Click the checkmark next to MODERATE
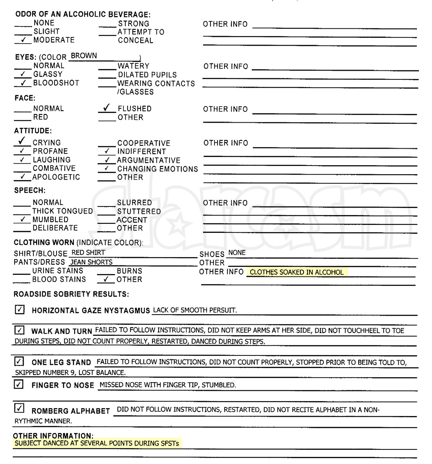(24, 40)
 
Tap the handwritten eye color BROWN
(84, 56)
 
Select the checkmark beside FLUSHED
(106, 108)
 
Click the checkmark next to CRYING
(22, 141)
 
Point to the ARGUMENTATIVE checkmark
(107, 160)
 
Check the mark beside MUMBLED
(23, 219)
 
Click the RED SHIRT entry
(88, 252)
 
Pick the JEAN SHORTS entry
(92, 262)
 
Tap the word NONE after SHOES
(237, 252)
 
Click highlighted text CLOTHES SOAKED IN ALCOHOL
(297, 272)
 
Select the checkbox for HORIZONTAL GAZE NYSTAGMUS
(20, 309)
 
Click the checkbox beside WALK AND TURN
(19, 330)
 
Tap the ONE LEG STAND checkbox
(19, 361)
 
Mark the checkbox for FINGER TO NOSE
(19, 384)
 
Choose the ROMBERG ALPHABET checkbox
(19, 408)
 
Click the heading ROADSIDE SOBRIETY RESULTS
(71, 294)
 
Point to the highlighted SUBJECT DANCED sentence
(97, 444)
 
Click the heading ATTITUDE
(33, 131)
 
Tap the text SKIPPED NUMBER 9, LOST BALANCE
(70, 372)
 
